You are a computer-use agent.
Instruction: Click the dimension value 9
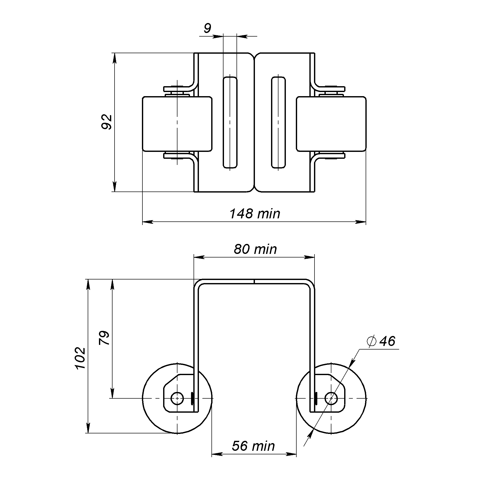click(207, 28)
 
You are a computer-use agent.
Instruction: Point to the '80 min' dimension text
click(255, 249)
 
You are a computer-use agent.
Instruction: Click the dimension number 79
click(104, 338)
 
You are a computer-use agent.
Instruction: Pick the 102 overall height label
click(80, 358)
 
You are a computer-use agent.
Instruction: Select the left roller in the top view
click(177, 124)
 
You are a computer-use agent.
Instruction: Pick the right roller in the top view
click(331, 124)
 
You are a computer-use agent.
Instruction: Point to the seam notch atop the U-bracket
click(254, 281)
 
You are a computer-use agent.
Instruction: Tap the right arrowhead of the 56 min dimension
click(291, 461)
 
